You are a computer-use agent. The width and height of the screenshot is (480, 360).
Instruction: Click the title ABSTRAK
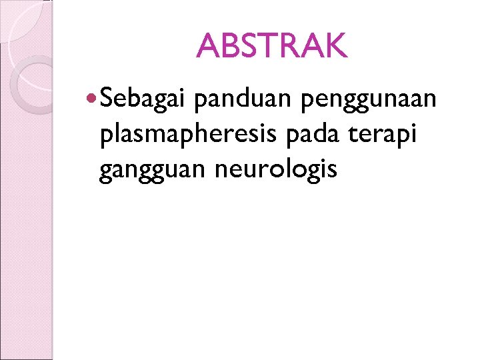coord(271,46)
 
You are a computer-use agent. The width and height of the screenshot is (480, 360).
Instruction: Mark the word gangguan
coord(152,171)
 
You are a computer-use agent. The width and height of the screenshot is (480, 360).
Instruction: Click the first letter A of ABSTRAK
coord(209,46)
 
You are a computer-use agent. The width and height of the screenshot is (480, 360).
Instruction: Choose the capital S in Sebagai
coord(110,99)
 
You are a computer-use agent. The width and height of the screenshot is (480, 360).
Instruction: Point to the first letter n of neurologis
coord(223,171)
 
